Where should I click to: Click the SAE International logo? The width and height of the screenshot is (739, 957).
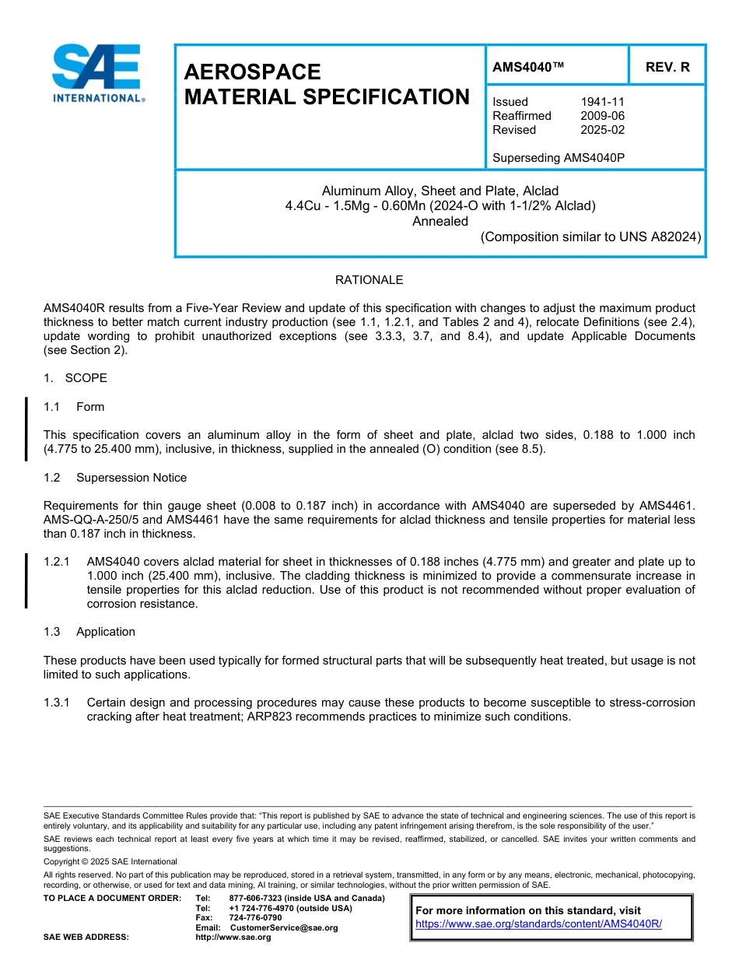(97, 74)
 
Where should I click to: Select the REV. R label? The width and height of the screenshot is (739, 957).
(667, 68)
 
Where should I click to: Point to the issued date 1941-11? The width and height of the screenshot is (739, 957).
(602, 102)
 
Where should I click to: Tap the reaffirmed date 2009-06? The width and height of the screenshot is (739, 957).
(602, 116)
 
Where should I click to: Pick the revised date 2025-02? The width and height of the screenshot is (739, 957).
(602, 130)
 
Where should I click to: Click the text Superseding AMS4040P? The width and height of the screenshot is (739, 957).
(559, 158)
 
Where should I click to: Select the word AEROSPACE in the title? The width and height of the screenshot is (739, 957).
(252, 72)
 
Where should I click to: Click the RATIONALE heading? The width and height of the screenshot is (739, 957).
(369, 280)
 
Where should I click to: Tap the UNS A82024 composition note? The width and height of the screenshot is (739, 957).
(590, 237)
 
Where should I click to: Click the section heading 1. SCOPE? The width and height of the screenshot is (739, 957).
(75, 378)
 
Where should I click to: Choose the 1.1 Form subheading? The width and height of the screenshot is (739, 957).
(74, 407)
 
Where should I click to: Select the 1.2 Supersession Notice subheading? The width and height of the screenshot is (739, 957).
(115, 478)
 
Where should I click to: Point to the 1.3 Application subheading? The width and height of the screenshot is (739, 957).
(89, 632)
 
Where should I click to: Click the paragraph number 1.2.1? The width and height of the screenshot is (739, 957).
(57, 562)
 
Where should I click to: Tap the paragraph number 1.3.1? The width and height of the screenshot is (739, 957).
(57, 703)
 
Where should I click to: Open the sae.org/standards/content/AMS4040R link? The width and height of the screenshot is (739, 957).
(538, 924)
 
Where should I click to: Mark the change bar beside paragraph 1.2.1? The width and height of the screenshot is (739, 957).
(26, 580)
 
